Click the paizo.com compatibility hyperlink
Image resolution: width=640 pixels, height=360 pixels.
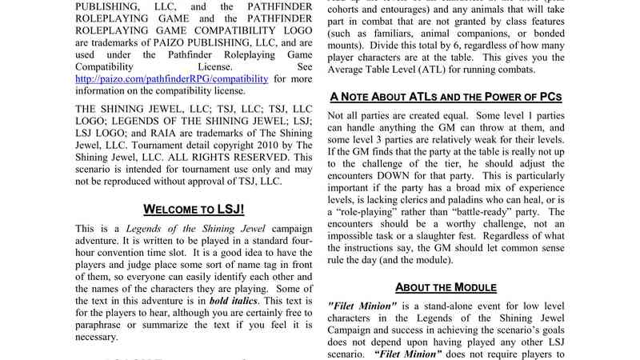[171, 79]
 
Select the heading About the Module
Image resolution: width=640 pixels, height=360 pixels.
[446, 287]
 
